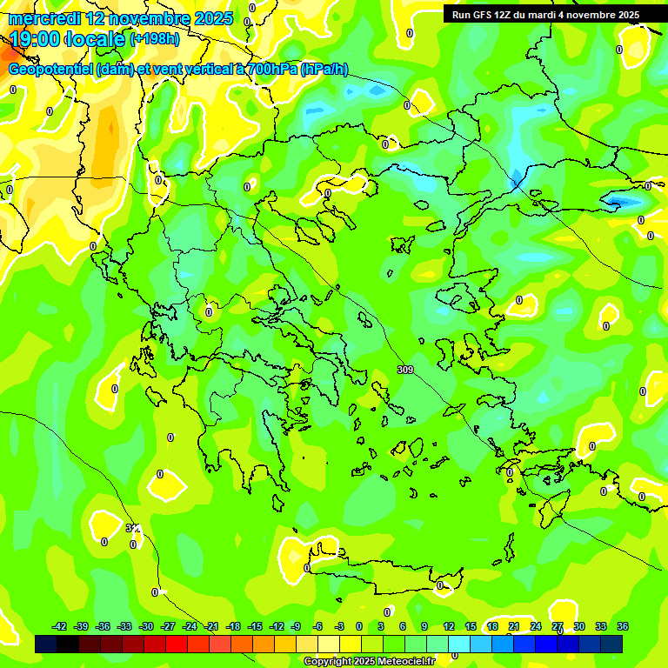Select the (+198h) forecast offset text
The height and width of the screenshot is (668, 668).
pyautogui.click(x=155, y=39)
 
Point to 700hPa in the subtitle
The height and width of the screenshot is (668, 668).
pyautogui.click(x=271, y=70)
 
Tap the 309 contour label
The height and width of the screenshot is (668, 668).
pyautogui.click(x=404, y=370)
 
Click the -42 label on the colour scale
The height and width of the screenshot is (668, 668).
pyautogui.click(x=60, y=626)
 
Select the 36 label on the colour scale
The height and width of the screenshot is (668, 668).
pyautogui.click(x=623, y=626)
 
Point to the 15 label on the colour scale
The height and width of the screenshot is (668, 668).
pyautogui.click(x=471, y=626)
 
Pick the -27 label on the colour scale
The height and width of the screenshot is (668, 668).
pyautogui.click(x=168, y=626)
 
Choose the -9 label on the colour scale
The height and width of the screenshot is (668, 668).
pyautogui.click(x=296, y=626)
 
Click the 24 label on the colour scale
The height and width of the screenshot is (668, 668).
pyautogui.click(x=536, y=626)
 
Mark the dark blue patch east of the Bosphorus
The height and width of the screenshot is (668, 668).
pyautogui.click(x=619, y=202)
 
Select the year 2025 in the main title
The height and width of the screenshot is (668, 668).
pyautogui.click(x=214, y=18)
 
